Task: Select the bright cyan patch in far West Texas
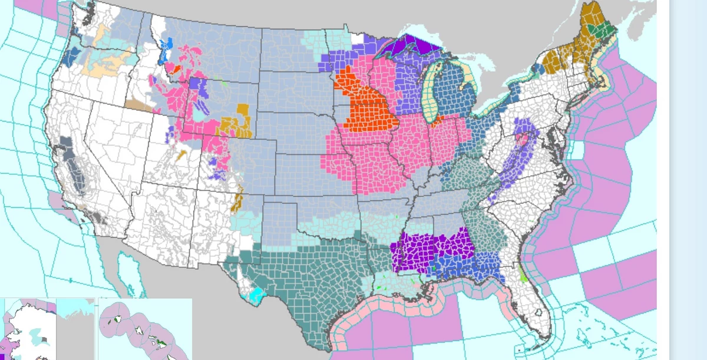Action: (x=256, y=294)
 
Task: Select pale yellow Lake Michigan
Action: (x=433, y=88)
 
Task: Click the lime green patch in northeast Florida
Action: (x=524, y=274)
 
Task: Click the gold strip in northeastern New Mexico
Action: (x=238, y=201)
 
